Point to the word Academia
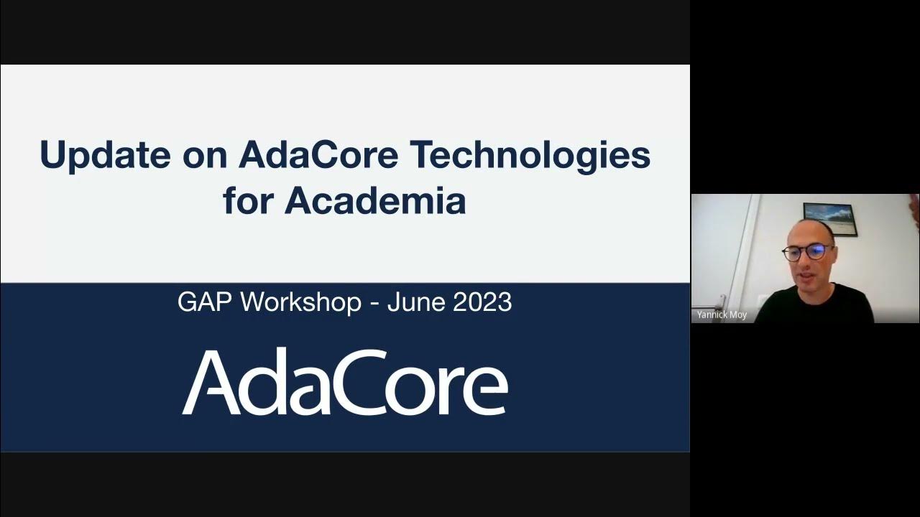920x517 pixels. (x=375, y=201)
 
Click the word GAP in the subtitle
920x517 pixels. (x=205, y=302)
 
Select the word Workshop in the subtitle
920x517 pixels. (x=300, y=302)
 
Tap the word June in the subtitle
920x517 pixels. (x=415, y=302)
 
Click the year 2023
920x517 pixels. (x=482, y=302)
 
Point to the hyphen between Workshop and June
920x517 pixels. (x=374, y=303)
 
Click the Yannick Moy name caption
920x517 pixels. (x=722, y=315)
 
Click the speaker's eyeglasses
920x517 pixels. (x=808, y=252)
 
